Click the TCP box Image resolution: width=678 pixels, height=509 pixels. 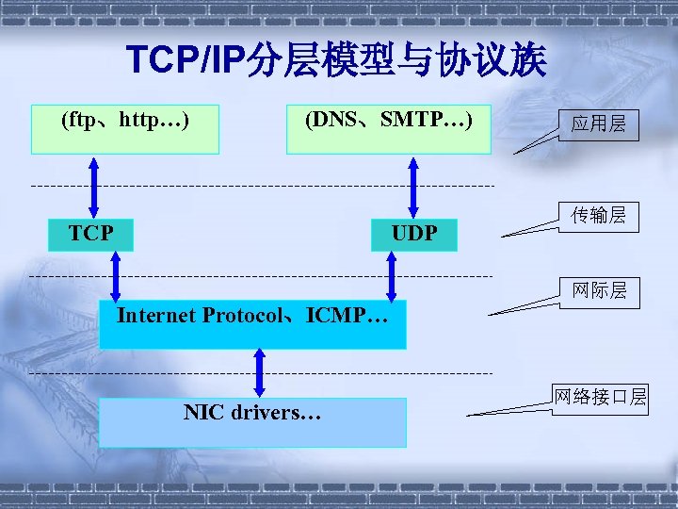(90, 233)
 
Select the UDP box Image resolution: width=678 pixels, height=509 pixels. (414, 233)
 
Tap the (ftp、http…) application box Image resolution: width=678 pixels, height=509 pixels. (124, 128)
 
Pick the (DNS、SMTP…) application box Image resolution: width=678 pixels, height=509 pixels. (388, 128)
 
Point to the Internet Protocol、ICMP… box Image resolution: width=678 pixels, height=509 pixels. (252, 324)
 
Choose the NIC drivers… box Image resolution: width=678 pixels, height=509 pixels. (252, 421)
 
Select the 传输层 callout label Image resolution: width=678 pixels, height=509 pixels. (598, 216)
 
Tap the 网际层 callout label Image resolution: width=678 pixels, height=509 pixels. (598, 290)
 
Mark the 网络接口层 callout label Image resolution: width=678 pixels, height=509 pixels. (600, 397)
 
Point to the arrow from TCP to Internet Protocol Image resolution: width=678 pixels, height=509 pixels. (116, 276)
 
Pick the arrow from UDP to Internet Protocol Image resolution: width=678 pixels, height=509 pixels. (392, 276)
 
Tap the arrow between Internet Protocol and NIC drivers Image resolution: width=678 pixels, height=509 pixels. (261, 373)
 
